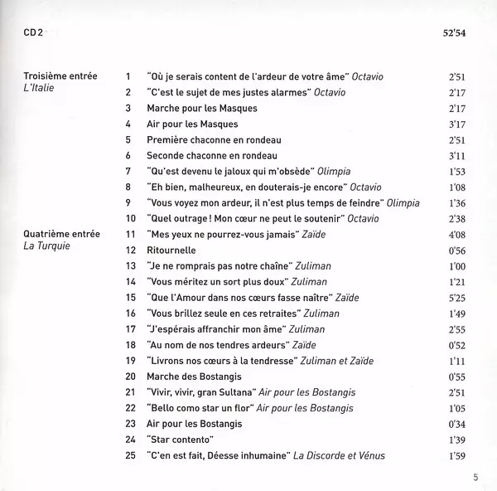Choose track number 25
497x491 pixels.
tap(128, 455)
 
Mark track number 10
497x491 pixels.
tap(128, 219)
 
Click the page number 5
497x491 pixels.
tap(476, 476)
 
